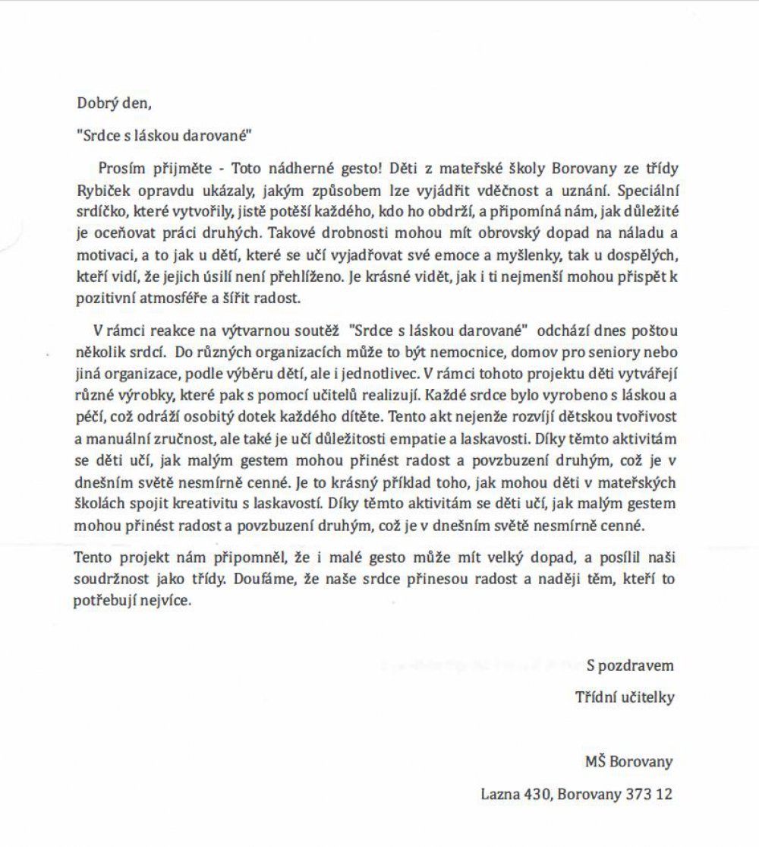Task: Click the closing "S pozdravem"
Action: pyautogui.click(x=629, y=665)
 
